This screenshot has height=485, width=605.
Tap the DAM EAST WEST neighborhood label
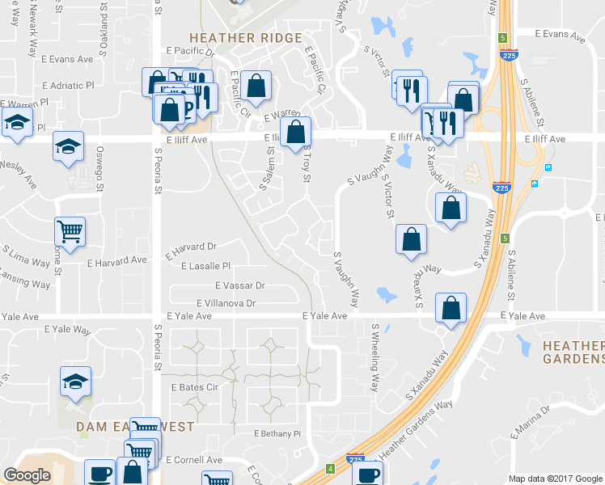[135, 426]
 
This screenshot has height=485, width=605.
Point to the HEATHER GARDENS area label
[573, 352]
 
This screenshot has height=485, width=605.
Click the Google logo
[27, 475]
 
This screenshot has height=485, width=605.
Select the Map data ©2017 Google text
[556, 479]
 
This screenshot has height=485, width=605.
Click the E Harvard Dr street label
[192, 247]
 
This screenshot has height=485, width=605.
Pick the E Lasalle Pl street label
[206, 266]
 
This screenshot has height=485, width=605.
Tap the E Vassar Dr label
[240, 285]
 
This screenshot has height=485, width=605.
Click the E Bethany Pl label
[277, 434]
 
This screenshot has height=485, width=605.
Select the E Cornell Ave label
[194, 460]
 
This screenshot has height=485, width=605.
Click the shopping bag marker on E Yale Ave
[451, 308]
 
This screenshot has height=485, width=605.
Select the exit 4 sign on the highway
[331, 469]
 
